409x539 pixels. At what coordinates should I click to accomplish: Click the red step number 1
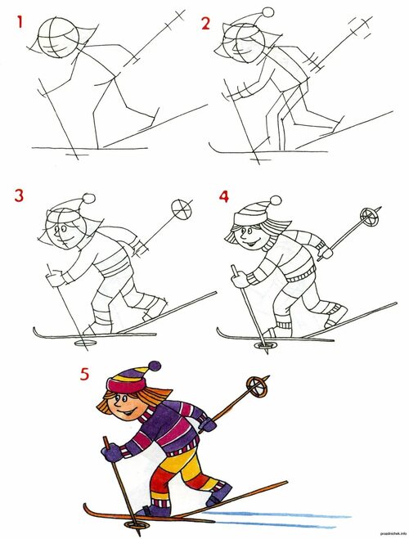[x=20, y=21]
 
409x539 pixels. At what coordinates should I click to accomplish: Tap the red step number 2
[x=205, y=24]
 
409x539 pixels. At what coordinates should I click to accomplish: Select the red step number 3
[x=19, y=195]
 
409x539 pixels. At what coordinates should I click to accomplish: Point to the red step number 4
[x=224, y=196]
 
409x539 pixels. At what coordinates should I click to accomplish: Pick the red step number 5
[x=84, y=374]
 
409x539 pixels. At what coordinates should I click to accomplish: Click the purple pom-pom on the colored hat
[x=155, y=366]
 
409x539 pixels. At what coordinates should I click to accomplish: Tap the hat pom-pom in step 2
[x=268, y=12]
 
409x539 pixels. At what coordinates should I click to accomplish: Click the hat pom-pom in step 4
[x=276, y=200]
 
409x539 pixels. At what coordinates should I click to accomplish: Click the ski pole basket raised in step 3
[x=182, y=209]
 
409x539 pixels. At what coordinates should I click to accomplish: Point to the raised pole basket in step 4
[x=368, y=217]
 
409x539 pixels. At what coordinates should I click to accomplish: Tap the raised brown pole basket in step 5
[x=256, y=387]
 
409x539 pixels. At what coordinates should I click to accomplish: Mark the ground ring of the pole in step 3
[x=85, y=343]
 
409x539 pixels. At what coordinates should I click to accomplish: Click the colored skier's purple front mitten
[x=112, y=452]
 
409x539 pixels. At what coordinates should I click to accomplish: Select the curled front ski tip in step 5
[x=87, y=508]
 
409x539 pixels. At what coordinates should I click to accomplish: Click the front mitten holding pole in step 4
[x=240, y=279]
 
